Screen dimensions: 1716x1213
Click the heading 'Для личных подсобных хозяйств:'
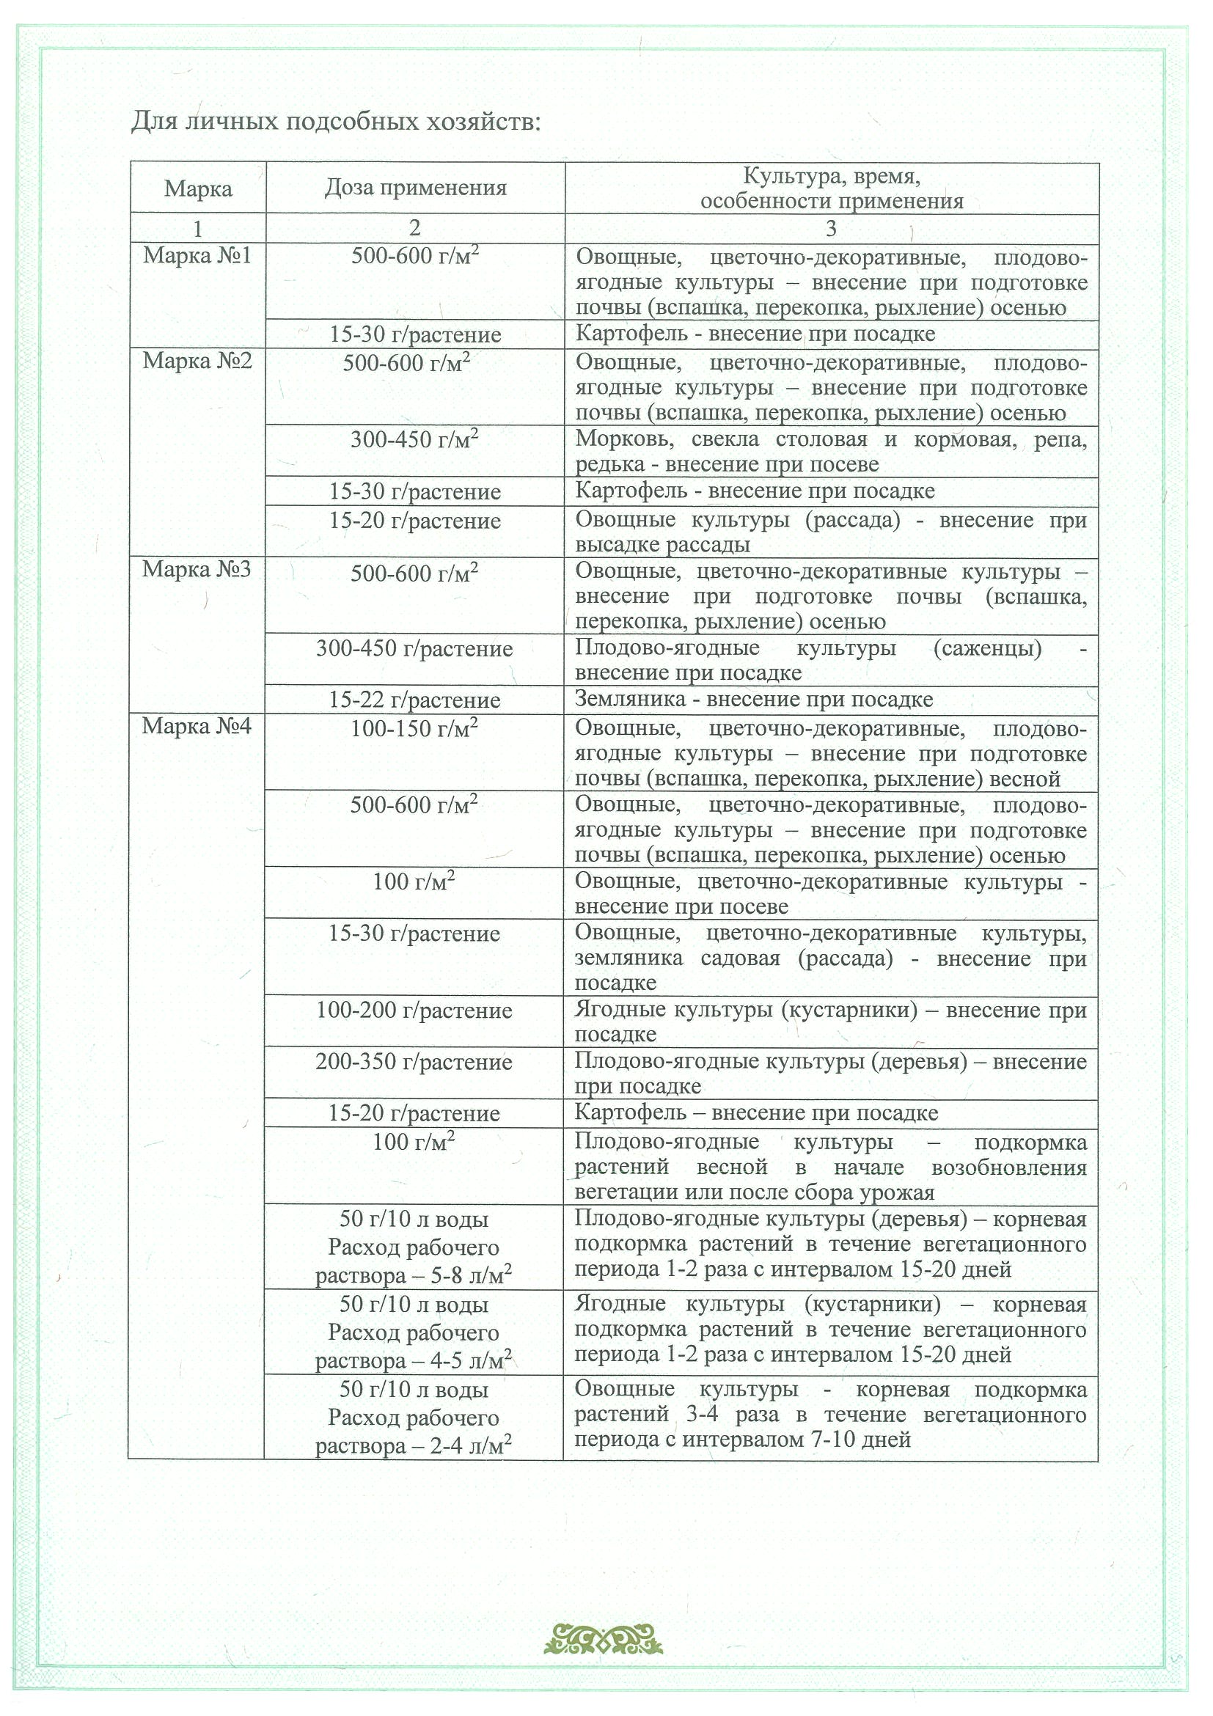[x=335, y=121]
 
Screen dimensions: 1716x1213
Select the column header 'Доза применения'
[x=415, y=188]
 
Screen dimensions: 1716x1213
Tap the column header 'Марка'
[x=198, y=188]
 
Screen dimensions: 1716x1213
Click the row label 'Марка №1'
[x=197, y=257]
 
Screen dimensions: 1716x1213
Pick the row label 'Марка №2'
[x=197, y=362]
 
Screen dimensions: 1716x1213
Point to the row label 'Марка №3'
[x=197, y=571]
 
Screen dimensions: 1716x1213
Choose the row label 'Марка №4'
[x=197, y=727]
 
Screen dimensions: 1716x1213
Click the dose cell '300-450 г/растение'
[x=414, y=649]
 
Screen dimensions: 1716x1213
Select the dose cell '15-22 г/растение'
[x=415, y=700]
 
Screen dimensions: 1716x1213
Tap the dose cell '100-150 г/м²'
[x=414, y=729]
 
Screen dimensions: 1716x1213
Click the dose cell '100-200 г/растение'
[x=414, y=1011]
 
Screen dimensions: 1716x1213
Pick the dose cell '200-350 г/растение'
[x=414, y=1062]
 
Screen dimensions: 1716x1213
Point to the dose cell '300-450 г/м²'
[x=414, y=439]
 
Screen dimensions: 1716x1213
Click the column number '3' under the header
[x=831, y=228]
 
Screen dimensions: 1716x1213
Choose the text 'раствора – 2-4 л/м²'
[x=414, y=1446]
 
